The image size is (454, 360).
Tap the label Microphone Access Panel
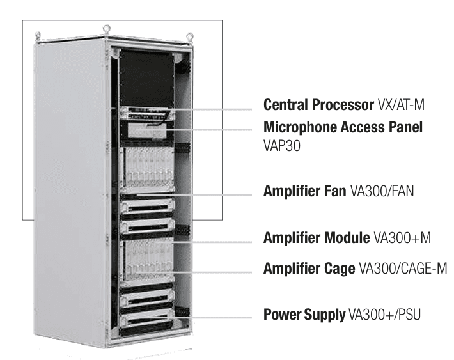tap(343, 128)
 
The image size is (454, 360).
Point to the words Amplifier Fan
tap(305, 191)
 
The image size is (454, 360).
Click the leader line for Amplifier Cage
tap(217, 272)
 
